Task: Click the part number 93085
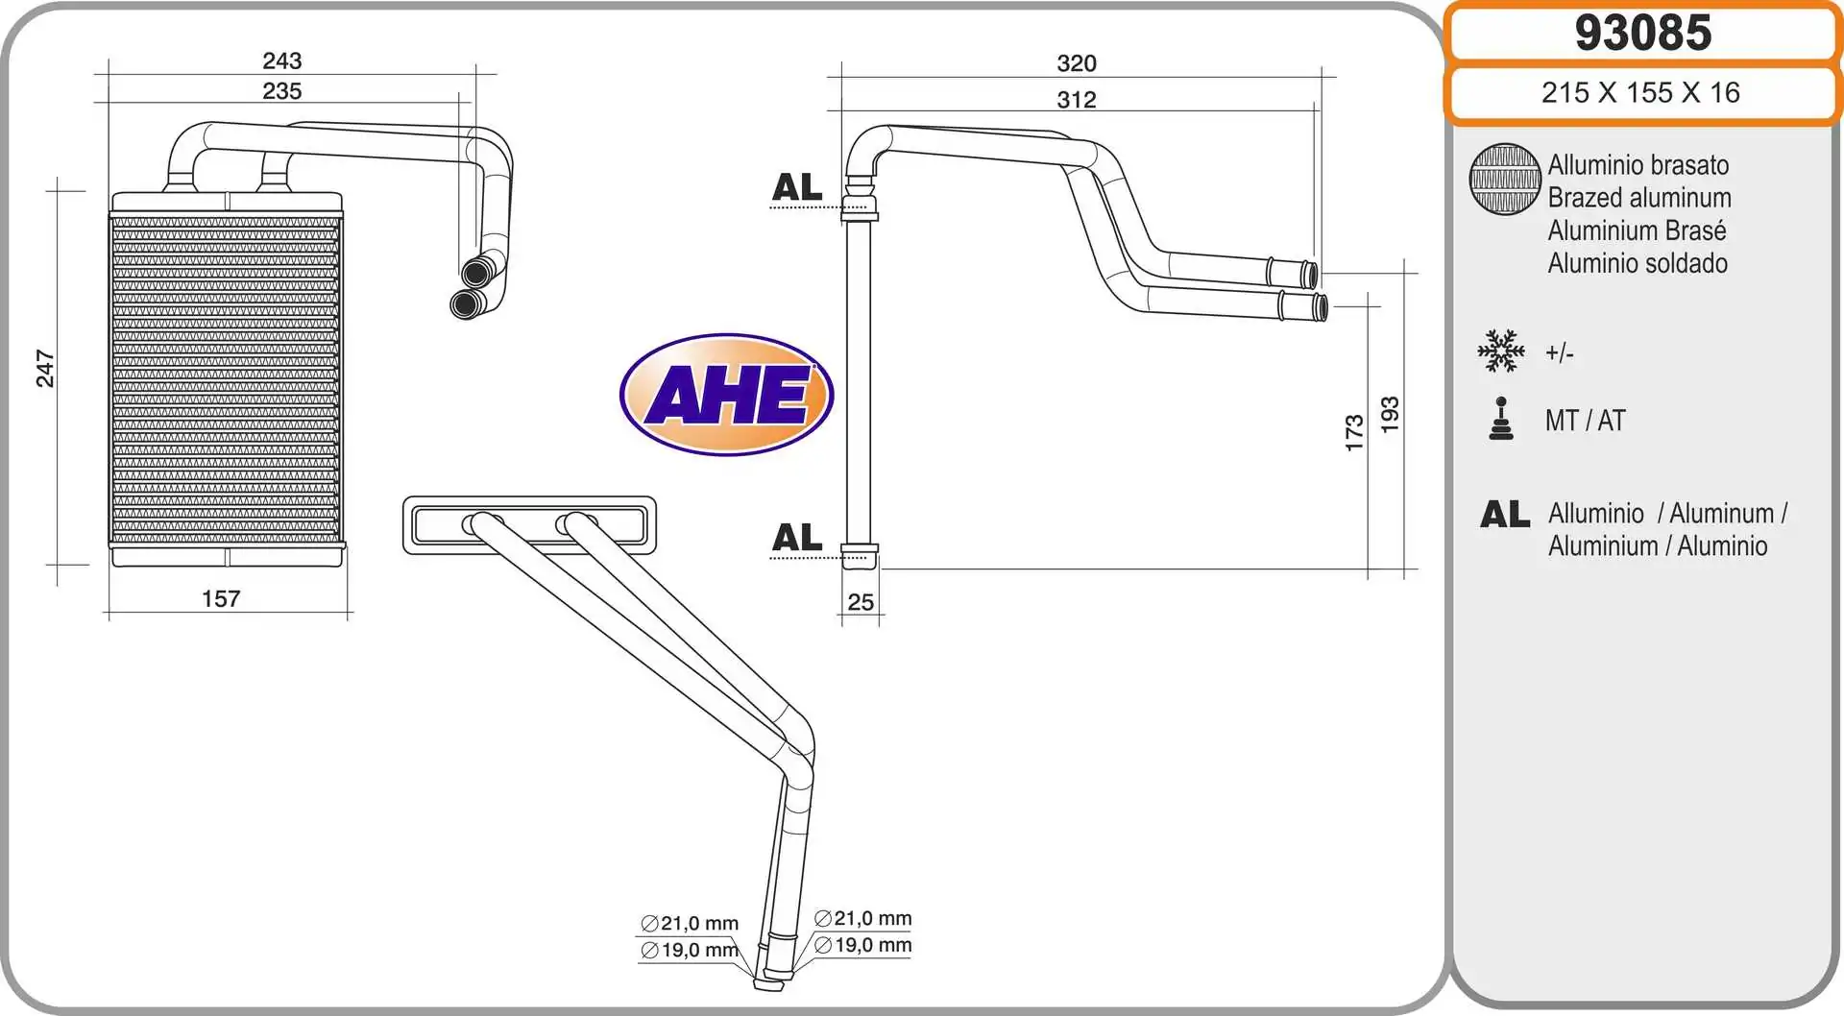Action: point(1642,33)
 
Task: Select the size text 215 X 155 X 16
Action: point(1640,92)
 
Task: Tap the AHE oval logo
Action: point(727,395)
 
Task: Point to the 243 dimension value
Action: point(281,60)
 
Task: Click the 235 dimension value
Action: point(281,91)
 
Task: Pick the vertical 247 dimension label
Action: point(45,369)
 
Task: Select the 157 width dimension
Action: point(221,599)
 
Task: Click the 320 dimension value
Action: point(1076,63)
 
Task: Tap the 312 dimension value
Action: point(1076,100)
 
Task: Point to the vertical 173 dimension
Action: point(1354,433)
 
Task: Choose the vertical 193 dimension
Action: point(1390,415)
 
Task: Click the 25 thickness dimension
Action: point(861,602)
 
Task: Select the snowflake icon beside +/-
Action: point(1500,351)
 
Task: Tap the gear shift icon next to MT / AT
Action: point(1500,420)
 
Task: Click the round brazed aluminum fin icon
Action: point(1505,180)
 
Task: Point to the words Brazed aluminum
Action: point(1638,198)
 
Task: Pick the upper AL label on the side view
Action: point(797,187)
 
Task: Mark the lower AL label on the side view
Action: point(797,538)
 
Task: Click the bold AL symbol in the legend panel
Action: point(1505,515)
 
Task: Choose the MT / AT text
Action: point(1585,421)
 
